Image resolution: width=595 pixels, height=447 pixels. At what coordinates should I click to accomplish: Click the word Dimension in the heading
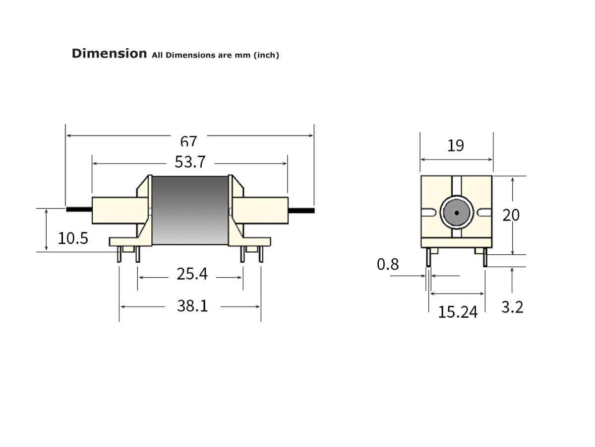coord(109,54)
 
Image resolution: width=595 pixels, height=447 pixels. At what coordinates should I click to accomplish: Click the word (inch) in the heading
coord(266,55)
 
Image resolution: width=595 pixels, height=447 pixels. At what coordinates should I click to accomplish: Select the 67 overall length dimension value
coord(188,142)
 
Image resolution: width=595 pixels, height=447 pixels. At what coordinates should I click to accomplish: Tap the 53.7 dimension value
coord(190,162)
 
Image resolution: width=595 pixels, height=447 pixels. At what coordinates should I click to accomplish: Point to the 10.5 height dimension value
coord(73,238)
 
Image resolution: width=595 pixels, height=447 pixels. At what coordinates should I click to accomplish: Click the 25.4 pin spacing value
coord(192,274)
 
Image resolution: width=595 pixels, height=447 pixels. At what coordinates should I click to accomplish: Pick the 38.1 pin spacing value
coord(192,306)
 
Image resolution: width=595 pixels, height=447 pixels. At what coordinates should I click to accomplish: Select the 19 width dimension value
coord(456,146)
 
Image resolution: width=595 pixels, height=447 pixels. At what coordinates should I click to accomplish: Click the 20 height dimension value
coord(511,215)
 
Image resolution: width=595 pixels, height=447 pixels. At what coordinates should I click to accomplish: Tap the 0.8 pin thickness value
coord(388,264)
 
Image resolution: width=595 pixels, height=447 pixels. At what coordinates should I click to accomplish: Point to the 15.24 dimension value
coord(458,312)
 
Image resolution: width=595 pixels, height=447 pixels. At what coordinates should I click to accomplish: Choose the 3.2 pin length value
coord(512,307)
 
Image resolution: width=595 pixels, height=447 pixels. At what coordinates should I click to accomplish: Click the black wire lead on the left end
coord(79,210)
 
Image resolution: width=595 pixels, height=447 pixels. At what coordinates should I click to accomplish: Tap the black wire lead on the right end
coord(301,210)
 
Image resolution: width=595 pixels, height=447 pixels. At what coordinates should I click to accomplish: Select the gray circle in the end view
coord(456,213)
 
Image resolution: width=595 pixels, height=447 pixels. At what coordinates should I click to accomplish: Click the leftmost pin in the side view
coord(119,255)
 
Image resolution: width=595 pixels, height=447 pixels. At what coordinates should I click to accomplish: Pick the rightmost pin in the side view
coord(260,255)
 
